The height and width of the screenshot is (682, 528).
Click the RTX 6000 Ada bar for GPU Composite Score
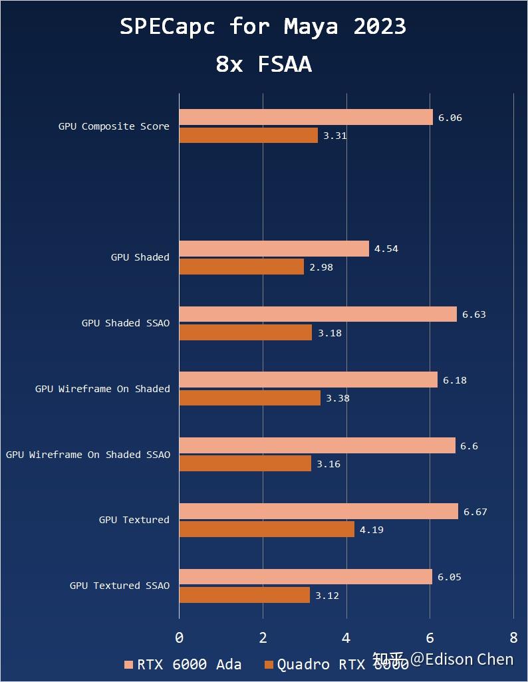click(306, 117)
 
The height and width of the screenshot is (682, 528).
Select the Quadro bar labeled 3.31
click(249, 135)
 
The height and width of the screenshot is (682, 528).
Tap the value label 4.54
click(386, 249)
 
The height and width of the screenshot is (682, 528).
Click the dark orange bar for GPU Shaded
click(241, 267)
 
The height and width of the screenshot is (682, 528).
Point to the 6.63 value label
click(474, 314)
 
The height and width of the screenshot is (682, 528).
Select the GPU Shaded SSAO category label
click(126, 323)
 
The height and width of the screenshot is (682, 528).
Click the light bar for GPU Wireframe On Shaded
click(309, 380)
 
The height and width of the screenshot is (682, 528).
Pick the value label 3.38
click(338, 398)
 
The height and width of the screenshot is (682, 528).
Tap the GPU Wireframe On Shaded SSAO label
click(88, 455)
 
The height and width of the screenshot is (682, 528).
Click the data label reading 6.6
click(469, 446)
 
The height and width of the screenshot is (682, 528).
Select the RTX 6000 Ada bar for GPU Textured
click(319, 511)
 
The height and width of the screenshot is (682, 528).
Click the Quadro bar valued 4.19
click(267, 529)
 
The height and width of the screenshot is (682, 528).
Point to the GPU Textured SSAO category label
click(120, 586)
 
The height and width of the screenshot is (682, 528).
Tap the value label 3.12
click(327, 595)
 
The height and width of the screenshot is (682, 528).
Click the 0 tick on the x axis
click(180, 637)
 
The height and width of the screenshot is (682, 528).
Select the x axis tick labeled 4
click(346, 637)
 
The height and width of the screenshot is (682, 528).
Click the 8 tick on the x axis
click(513, 637)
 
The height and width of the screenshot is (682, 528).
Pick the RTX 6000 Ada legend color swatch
click(129, 665)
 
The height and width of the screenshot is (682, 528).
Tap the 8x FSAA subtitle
click(263, 64)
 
